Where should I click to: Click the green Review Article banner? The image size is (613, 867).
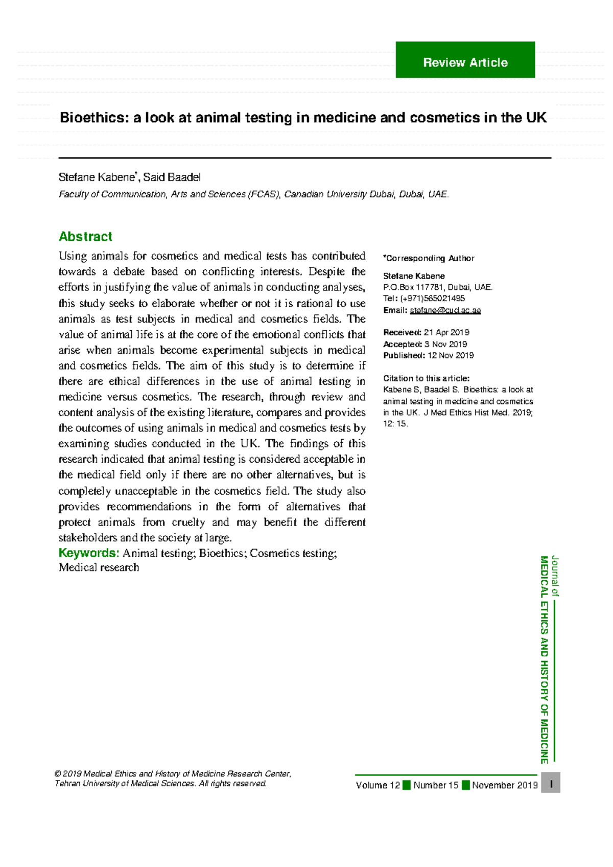tap(465, 60)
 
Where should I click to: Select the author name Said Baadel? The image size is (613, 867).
tap(172, 177)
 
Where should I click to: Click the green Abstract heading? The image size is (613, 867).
tap(85, 237)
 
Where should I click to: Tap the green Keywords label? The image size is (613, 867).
tap(89, 553)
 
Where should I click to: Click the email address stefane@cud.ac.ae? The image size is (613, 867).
tap(445, 310)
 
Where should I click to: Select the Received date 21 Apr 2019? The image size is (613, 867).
tap(446, 332)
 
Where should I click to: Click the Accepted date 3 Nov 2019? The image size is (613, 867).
tap(445, 344)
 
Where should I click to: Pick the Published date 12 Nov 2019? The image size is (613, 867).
tap(450, 355)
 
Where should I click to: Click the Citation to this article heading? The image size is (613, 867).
tap(426, 378)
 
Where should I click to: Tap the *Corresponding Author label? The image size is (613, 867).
tap(429, 258)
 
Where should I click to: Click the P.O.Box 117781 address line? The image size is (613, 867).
tap(438, 287)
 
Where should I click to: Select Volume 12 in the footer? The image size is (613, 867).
tap(378, 785)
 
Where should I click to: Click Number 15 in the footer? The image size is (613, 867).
tap(436, 785)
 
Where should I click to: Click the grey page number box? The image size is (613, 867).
tap(551, 783)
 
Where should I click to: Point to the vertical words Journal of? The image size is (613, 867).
tap(555, 576)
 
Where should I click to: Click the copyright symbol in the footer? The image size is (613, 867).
tap(58, 774)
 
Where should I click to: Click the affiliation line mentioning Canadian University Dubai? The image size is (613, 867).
tap(253, 194)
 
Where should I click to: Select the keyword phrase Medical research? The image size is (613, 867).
tap(99, 567)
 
